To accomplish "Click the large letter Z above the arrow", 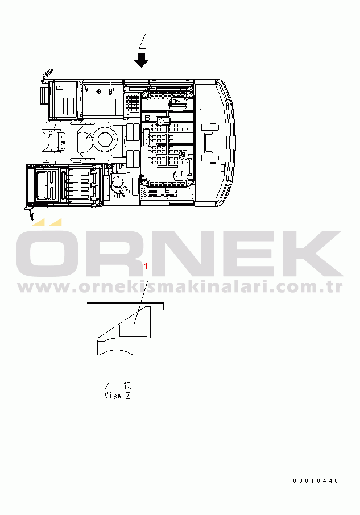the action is tap(142, 41).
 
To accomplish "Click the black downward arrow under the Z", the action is tap(142, 60).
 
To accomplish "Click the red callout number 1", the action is tap(146, 266).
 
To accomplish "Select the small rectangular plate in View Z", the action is tap(133, 330).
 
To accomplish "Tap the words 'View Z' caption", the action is tap(117, 396).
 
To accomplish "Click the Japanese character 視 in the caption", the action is tap(127, 385).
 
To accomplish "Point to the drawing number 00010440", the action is tap(315, 480).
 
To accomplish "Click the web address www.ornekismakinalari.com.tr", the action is tap(180, 287).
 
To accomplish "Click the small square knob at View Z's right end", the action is tap(167, 306).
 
